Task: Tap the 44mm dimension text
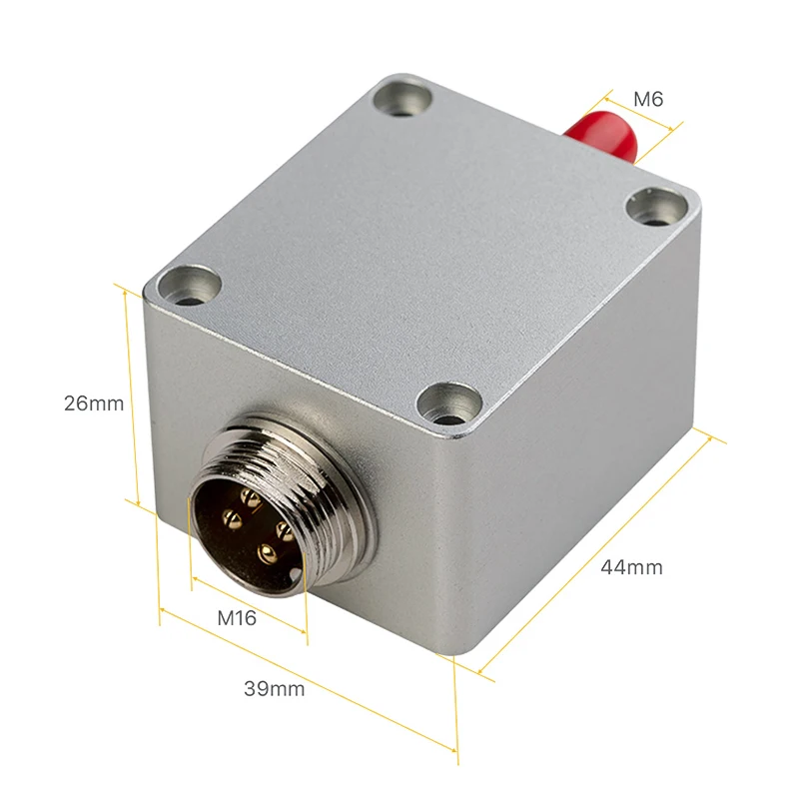631,567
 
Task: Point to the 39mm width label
275,687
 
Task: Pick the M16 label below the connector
237,618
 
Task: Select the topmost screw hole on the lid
405,99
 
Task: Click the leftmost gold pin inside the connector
231,518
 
